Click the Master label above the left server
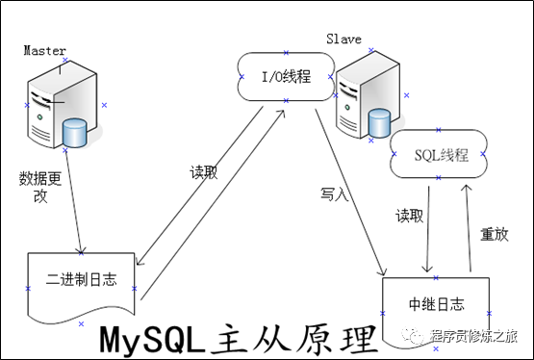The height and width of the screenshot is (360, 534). click(x=44, y=51)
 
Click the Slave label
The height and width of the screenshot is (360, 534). click(x=343, y=39)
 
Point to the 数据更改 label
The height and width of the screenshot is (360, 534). click(x=40, y=187)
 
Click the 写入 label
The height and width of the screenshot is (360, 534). click(x=334, y=194)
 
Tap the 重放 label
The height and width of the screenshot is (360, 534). click(x=495, y=234)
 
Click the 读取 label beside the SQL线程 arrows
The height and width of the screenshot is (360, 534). click(x=409, y=216)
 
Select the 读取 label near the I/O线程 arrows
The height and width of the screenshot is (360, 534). click(x=204, y=172)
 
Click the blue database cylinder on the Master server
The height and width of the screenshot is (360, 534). click(x=75, y=133)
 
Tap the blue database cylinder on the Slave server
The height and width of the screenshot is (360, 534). click(x=379, y=122)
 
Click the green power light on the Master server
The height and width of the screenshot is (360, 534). click(x=39, y=117)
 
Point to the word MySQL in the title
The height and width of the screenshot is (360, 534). click(x=153, y=340)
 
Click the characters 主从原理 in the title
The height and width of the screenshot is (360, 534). click(x=294, y=339)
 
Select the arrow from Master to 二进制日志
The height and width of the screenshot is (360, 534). click(x=73, y=201)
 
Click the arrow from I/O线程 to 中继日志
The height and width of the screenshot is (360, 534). click(x=350, y=193)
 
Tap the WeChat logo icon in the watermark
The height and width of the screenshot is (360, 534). click(x=413, y=336)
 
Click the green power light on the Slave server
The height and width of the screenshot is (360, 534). click(x=347, y=107)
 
